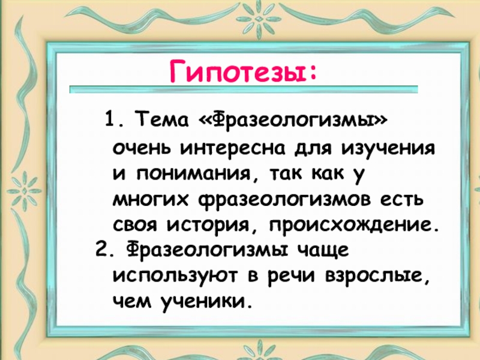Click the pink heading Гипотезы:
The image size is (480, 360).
[x=243, y=71]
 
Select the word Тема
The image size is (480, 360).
[x=163, y=119]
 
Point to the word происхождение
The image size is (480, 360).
[x=354, y=227]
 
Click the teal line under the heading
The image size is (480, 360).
[x=244, y=89]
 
